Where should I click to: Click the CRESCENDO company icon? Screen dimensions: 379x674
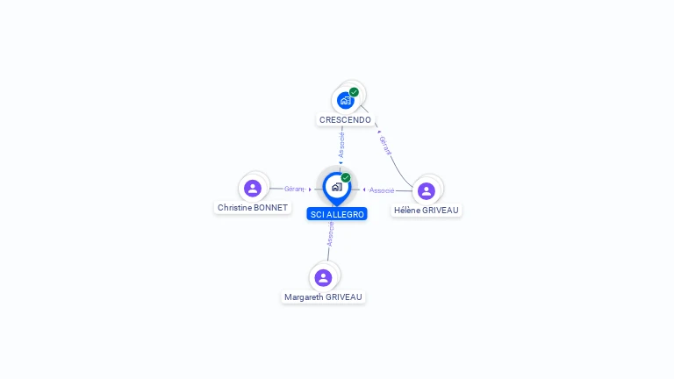coord(345,100)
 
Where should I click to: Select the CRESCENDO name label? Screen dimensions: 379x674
coord(345,119)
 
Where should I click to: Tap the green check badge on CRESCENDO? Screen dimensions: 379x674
coord(354,92)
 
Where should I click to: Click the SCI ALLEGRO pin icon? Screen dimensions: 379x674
coord(336,187)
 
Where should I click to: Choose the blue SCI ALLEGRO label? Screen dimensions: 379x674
coord(337,214)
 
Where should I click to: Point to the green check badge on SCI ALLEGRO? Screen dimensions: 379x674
coord(346,178)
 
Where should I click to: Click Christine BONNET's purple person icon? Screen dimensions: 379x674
coord(253,188)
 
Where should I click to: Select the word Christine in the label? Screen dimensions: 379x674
coord(234,208)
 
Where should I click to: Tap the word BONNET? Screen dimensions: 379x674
coord(270,208)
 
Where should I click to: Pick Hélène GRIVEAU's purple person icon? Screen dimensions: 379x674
coord(427,190)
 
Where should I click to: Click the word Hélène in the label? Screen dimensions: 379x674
coord(408,211)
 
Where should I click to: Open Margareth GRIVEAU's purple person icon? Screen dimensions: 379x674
coord(323,277)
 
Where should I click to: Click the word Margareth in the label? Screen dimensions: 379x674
coord(304,297)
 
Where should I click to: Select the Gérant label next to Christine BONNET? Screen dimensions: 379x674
coord(294,189)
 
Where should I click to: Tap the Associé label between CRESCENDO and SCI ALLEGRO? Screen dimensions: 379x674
coord(341,145)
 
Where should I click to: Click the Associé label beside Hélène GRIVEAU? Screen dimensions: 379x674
coord(382,190)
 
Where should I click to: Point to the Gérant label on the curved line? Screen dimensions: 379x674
coord(384,146)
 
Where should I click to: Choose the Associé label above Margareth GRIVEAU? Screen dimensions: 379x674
coord(330,233)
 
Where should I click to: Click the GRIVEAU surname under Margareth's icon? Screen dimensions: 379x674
coord(343,297)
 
